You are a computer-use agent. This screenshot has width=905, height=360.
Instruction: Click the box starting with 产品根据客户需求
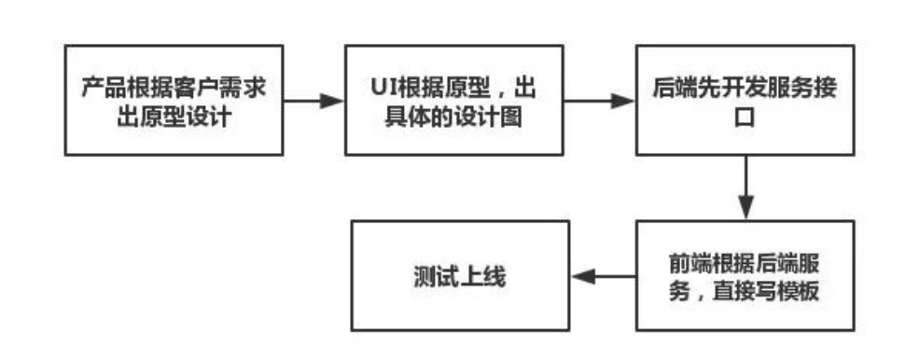173,100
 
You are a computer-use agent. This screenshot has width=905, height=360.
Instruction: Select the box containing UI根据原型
454,100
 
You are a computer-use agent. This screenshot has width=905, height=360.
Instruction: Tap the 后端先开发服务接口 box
745,100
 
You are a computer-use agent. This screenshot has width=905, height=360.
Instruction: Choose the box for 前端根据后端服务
745,275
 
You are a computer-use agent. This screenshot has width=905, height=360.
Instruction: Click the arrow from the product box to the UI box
313,100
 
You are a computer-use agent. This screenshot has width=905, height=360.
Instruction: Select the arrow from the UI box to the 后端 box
601,100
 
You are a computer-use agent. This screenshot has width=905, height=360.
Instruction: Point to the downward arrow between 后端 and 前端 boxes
745,187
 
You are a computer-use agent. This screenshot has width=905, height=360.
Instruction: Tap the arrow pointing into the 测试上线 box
603,275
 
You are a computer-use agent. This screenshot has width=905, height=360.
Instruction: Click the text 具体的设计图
454,114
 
